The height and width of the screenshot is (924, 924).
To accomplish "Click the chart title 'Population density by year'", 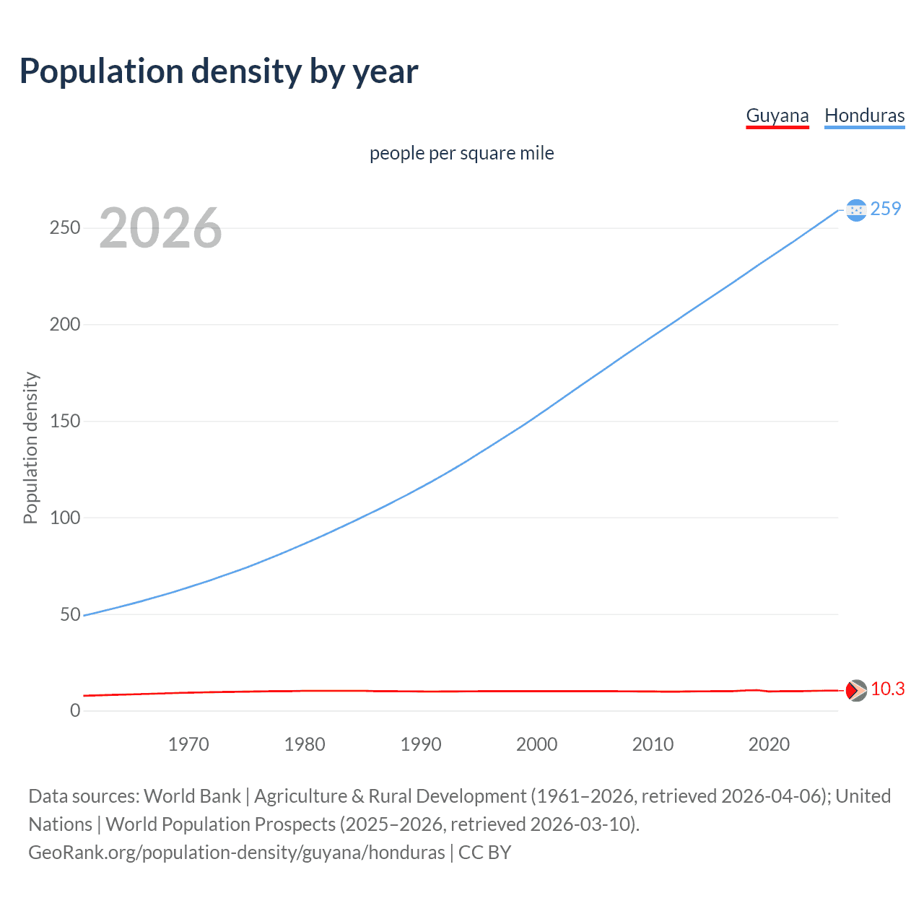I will coord(219,71).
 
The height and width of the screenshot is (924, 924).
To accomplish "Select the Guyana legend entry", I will coord(777,115).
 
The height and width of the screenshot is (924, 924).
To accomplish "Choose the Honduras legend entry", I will coord(864,115).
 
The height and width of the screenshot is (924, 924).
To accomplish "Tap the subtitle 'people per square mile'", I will coord(461,153).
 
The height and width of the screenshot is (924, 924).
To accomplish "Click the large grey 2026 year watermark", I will coord(160,228).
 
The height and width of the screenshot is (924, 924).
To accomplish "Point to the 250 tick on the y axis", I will coord(65,228).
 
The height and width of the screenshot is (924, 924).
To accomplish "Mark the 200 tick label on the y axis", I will coord(65,324).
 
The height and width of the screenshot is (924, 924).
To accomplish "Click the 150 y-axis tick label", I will coord(65,421).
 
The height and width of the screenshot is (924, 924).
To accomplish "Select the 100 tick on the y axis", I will coord(65,518).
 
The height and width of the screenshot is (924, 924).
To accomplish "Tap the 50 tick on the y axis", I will coord(70,614).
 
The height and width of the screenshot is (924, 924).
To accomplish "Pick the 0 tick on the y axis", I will coord(75,710).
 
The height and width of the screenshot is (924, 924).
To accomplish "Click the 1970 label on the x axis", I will coord(188,744).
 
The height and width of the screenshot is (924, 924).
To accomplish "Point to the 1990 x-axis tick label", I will coord(421,744).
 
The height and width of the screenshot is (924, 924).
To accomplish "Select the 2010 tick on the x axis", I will coord(653,744).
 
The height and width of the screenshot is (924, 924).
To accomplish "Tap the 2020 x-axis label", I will coord(769,744).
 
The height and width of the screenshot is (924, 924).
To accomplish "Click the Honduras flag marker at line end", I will coord(855,210).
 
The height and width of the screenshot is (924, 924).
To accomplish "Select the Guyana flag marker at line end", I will coord(855,690).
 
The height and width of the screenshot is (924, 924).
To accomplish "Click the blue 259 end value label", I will coord(886,209).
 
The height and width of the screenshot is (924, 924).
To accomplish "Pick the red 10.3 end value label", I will coord(887,689).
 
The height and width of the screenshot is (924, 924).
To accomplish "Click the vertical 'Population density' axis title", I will coord(30,448).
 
